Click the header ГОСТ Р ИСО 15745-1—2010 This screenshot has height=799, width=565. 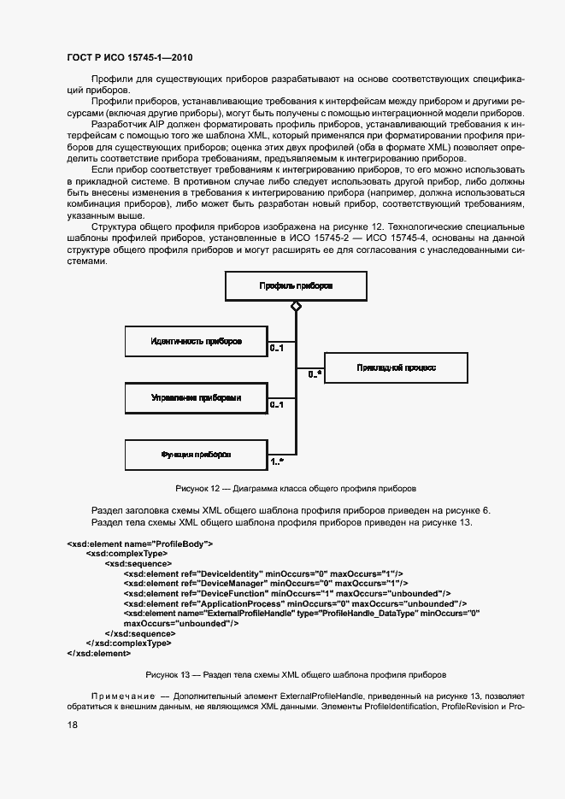(129, 58)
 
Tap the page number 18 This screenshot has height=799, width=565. (73, 725)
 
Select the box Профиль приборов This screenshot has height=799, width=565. (296, 286)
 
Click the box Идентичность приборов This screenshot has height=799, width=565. (196, 341)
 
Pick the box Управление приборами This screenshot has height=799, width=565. (196, 397)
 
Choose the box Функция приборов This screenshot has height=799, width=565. (196, 455)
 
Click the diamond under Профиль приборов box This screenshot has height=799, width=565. (296, 306)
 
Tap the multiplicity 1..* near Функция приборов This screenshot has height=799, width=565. (277, 462)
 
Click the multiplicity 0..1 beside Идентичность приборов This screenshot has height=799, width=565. (276, 349)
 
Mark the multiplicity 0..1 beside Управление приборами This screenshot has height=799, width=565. (276, 405)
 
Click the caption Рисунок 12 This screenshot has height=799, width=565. (296, 489)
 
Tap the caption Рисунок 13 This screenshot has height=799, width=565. (296, 674)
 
